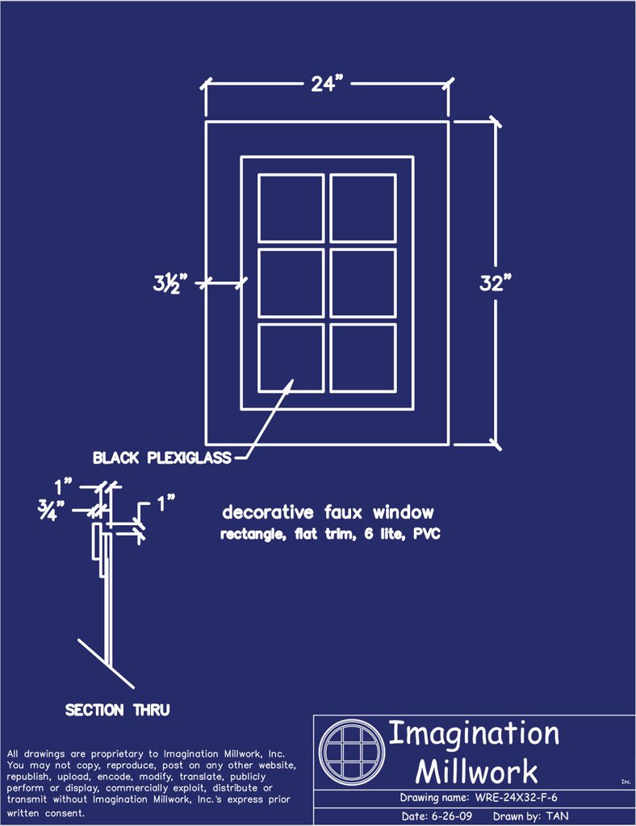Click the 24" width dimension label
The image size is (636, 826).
(327, 83)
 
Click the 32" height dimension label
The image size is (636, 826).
(496, 283)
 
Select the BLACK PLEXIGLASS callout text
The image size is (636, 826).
(161, 457)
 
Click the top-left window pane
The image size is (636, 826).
(291, 208)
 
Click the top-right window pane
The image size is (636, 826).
(363, 208)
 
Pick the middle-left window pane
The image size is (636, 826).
(291, 283)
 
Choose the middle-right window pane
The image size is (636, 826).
(363, 283)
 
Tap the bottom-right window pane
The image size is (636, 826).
(363, 358)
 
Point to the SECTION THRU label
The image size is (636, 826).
(118, 710)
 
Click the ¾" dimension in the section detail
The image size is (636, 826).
(51, 511)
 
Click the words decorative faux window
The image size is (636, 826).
(328, 512)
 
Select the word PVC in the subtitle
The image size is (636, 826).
(427, 534)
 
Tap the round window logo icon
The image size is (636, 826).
(351, 752)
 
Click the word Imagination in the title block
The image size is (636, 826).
(474, 734)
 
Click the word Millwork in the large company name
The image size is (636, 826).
(476, 772)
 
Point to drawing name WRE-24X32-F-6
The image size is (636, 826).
(516, 798)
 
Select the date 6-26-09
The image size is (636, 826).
(451, 816)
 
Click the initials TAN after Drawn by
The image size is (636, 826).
(557, 816)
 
